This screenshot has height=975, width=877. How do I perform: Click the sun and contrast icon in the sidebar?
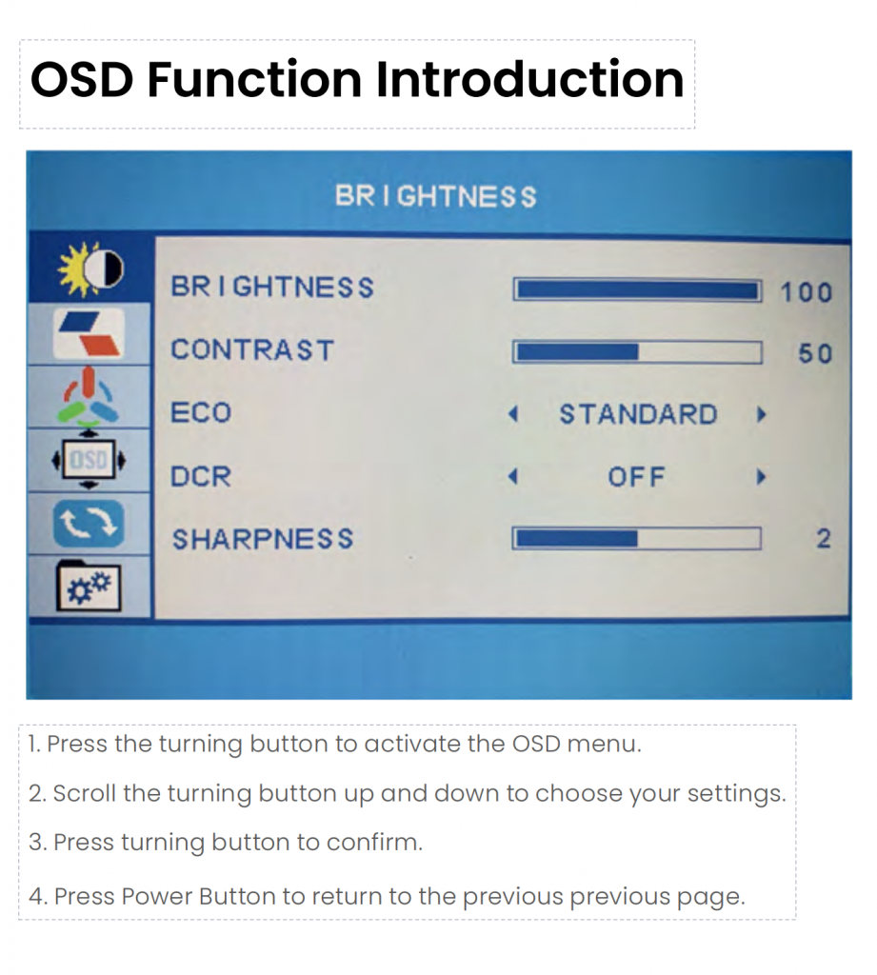(x=90, y=269)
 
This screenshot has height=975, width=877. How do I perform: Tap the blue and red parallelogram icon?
(x=89, y=334)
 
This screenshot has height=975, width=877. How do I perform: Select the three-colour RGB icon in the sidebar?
(x=90, y=395)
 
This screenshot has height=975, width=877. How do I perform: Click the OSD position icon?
(x=89, y=460)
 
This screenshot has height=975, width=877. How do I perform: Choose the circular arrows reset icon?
(x=89, y=524)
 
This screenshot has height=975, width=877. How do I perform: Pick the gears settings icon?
(x=89, y=586)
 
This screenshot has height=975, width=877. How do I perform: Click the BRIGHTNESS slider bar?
(x=637, y=290)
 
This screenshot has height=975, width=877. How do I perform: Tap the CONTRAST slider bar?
(x=637, y=352)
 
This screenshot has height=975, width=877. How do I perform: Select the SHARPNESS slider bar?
(x=636, y=539)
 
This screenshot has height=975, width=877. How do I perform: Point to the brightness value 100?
(x=807, y=292)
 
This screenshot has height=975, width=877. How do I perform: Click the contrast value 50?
(x=815, y=353)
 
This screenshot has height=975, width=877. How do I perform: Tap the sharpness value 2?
(x=824, y=539)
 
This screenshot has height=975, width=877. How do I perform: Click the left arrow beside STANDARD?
(x=513, y=414)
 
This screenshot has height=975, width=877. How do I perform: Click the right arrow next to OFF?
(x=760, y=477)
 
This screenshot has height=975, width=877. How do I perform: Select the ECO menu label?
(x=201, y=413)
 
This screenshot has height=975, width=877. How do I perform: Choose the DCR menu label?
(x=201, y=476)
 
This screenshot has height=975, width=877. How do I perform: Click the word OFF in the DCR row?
(x=636, y=478)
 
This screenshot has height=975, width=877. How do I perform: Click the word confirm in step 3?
(x=374, y=842)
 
